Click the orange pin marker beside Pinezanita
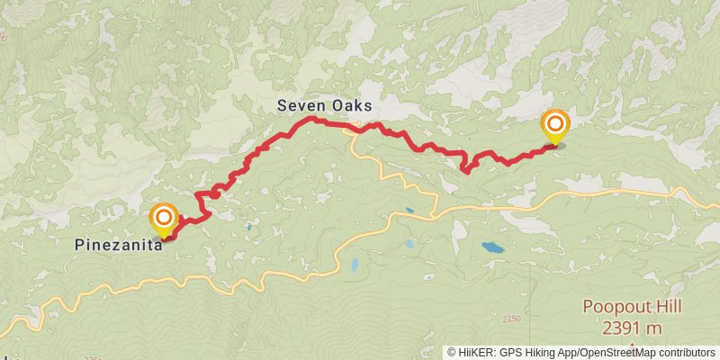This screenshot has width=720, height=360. [164, 219]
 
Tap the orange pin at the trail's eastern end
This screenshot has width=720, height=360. [555, 125]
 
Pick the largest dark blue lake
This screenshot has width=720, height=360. [492, 247]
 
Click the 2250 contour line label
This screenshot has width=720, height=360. [511, 319]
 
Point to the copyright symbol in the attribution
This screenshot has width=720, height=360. [452, 352]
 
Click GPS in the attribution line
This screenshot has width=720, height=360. [511, 352]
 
